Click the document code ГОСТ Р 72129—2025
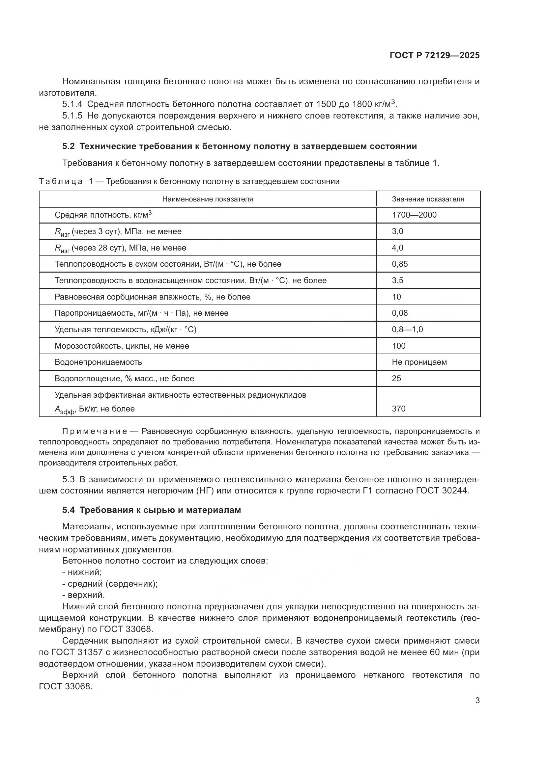tap(435, 56)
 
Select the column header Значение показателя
tap(428, 199)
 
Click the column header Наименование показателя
tap(207, 199)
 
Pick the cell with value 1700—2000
tap(414, 215)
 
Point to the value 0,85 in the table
tap(400, 264)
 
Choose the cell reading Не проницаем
tap(419, 362)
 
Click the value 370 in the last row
tap(398, 409)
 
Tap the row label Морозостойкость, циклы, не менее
tap(122, 346)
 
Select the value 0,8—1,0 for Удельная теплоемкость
tap(407, 330)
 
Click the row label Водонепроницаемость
tap(98, 362)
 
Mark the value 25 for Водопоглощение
tap(396, 379)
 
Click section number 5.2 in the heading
tap(69, 146)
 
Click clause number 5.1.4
tap(72, 104)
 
